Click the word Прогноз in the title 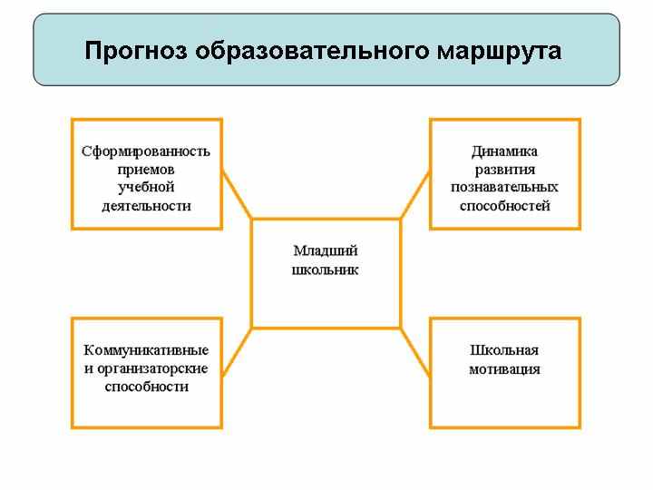click(x=136, y=52)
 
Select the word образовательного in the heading click(x=312, y=51)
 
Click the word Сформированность click(x=146, y=152)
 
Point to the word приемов click(x=146, y=170)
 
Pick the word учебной click(x=146, y=188)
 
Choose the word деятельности click(x=147, y=206)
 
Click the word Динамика click(x=505, y=152)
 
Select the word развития click(x=505, y=170)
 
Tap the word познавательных click(x=505, y=188)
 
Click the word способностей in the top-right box click(x=505, y=206)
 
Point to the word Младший click(x=326, y=251)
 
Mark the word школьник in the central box click(x=326, y=270)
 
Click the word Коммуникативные click(x=146, y=350)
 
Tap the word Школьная click(x=504, y=350)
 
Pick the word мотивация click(x=505, y=369)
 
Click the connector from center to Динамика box click(x=415, y=194)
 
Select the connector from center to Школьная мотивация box click(x=415, y=353)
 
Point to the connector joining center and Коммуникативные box click(x=237, y=352)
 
